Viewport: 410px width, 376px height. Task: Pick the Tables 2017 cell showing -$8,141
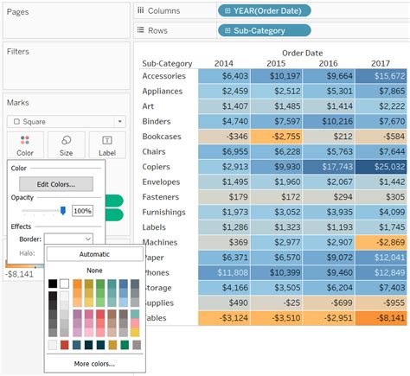(x=380, y=318)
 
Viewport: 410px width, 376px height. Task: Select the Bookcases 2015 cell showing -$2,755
(x=277, y=137)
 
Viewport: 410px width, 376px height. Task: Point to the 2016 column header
(x=328, y=63)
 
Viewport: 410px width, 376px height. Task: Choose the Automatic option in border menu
(x=94, y=254)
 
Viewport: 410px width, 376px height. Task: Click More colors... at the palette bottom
(x=94, y=364)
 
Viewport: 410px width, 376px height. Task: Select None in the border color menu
(x=94, y=271)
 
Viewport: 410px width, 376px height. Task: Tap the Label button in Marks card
(x=107, y=145)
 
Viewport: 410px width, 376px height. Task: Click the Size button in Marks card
(x=66, y=145)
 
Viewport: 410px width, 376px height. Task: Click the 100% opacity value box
(x=82, y=211)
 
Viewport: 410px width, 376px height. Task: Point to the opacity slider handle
(x=62, y=210)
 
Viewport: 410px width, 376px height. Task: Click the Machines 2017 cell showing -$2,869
(x=380, y=242)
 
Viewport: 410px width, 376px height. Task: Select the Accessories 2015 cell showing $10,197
(x=277, y=76)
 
